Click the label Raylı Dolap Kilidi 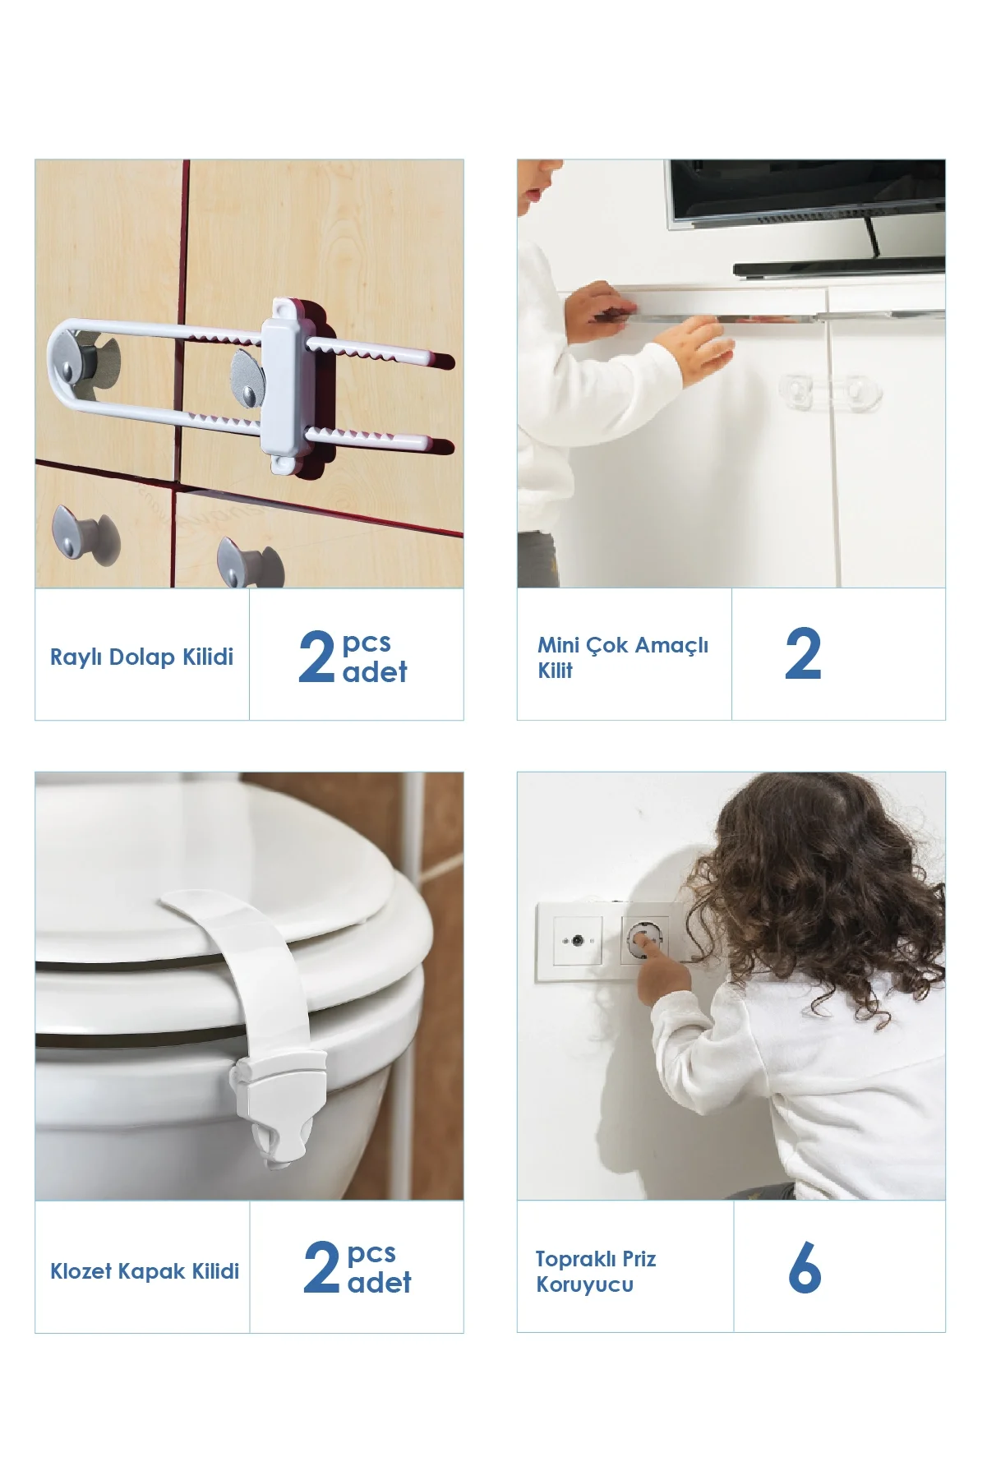pyautogui.click(x=141, y=657)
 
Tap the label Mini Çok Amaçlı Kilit pyautogui.click(x=623, y=657)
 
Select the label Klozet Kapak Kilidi pyautogui.click(x=145, y=1271)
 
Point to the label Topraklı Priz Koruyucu pyautogui.click(x=596, y=1271)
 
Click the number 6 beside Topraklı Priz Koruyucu pyautogui.click(x=805, y=1267)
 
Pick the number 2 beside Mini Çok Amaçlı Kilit pyautogui.click(x=803, y=654)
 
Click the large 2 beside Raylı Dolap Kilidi pyautogui.click(x=316, y=657)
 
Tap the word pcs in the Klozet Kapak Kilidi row pyautogui.click(x=371, y=1255)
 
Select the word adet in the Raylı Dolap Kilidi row pyautogui.click(x=375, y=672)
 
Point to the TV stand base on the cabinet pyautogui.click(x=838, y=266)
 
